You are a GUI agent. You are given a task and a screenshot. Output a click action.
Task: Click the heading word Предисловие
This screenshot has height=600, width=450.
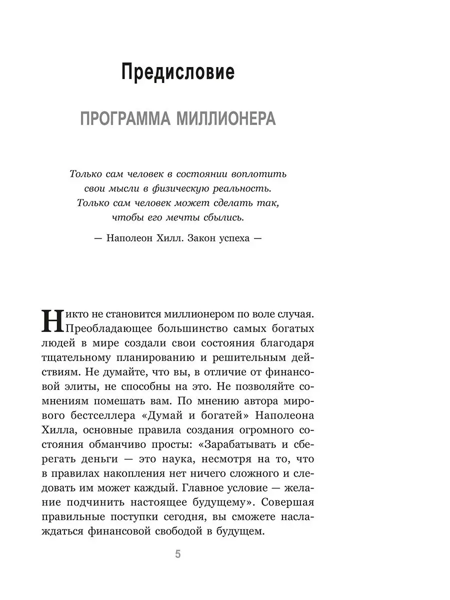click(x=178, y=73)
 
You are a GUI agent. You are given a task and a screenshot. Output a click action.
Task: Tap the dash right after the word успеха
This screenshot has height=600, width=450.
click(x=257, y=238)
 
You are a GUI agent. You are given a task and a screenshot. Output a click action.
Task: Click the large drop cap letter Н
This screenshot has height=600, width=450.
click(x=52, y=320)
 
